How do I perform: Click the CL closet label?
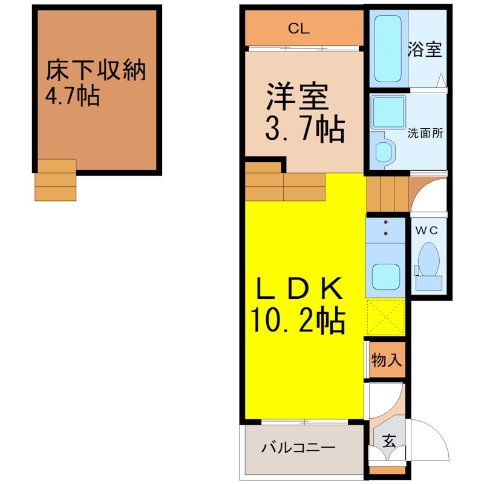coord(298,28)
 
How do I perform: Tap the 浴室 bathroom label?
coord(425,49)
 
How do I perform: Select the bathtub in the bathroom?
coord(388,48)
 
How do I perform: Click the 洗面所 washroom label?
coord(425,133)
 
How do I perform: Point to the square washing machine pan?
coord(388,112)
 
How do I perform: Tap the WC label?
coord(427,231)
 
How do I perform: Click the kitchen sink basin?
coord(386,277)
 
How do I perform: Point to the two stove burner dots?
coord(385,227)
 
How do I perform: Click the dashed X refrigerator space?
coord(386,316)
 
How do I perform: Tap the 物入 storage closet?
coord(387,360)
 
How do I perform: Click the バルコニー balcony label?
coord(298,447)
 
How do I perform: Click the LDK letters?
coord(299,288)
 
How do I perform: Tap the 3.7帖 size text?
coord(305,129)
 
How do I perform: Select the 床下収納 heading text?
coord(96,70)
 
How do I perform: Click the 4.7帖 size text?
coord(72,95)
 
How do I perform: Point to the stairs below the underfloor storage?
coord(56,180)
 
